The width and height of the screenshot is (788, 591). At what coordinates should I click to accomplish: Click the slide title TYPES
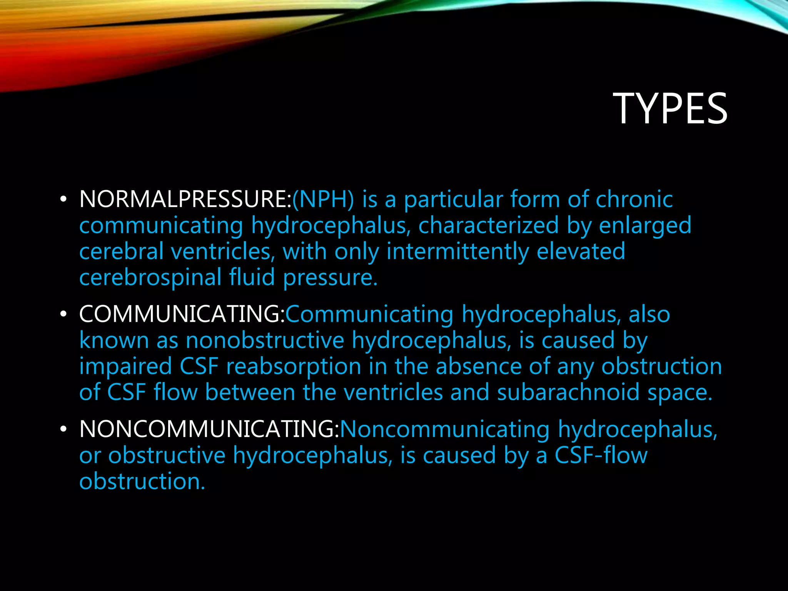(x=670, y=109)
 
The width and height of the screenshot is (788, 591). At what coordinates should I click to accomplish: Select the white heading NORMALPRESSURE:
(x=185, y=199)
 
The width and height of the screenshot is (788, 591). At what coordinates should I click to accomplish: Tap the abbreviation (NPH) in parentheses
(x=323, y=199)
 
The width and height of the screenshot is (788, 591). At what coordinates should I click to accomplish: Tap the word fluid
(x=252, y=277)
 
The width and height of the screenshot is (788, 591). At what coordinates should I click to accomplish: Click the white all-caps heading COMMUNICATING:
(x=182, y=314)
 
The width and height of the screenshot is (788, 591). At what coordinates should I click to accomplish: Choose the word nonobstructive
(x=265, y=340)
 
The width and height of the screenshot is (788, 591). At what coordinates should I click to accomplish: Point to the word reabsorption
(x=294, y=366)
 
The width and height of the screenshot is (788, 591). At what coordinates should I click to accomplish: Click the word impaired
(x=125, y=366)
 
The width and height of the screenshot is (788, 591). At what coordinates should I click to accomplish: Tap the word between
(x=250, y=392)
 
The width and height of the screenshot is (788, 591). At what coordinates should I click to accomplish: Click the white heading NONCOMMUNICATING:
(x=209, y=429)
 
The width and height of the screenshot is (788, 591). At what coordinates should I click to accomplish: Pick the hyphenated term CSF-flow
(x=601, y=455)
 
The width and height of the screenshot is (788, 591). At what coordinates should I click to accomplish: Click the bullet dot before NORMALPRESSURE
(x=63, y=200)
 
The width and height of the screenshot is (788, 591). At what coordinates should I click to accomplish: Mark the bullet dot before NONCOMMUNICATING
(x=63, y=429)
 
